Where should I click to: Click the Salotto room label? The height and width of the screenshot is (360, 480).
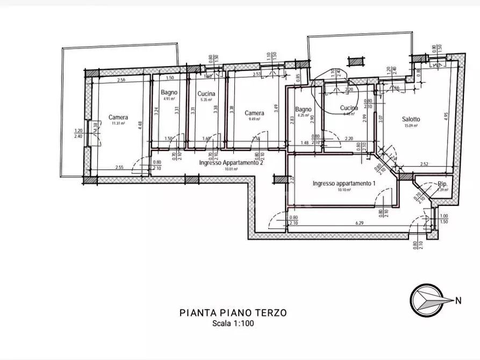pyautogui.click(x=411, y=119)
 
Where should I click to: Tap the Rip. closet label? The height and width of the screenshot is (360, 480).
pyautogui.click(x=442, y=184)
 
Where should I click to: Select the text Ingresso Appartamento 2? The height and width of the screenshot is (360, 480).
pyautogui.click(x=231, y=163)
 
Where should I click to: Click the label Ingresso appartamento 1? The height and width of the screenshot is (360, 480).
pyautogui.click(x=343, y=184)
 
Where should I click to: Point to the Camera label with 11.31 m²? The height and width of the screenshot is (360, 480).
pyautogui.click(x=118, y=117)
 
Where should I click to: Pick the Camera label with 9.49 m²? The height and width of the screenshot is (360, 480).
pyautogui.click(x=254, y=113)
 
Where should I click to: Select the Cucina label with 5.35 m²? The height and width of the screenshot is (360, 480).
pyautogui.click(x=206, y=93)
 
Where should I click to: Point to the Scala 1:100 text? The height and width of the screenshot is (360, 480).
pyautogui.click(x=233, y=323)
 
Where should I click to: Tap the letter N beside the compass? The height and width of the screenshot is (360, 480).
pyautogui.click(x=458, y=301)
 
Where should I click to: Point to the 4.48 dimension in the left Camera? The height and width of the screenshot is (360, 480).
pyautogui.click(x=140, y=124)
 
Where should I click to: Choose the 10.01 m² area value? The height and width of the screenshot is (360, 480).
pyautogui.click(x=231, y=169)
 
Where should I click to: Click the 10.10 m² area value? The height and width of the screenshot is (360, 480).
pyautogui.click(x=343, y=190)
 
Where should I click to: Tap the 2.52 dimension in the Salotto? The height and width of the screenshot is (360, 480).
pyautogui.click(x=424, y=164)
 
